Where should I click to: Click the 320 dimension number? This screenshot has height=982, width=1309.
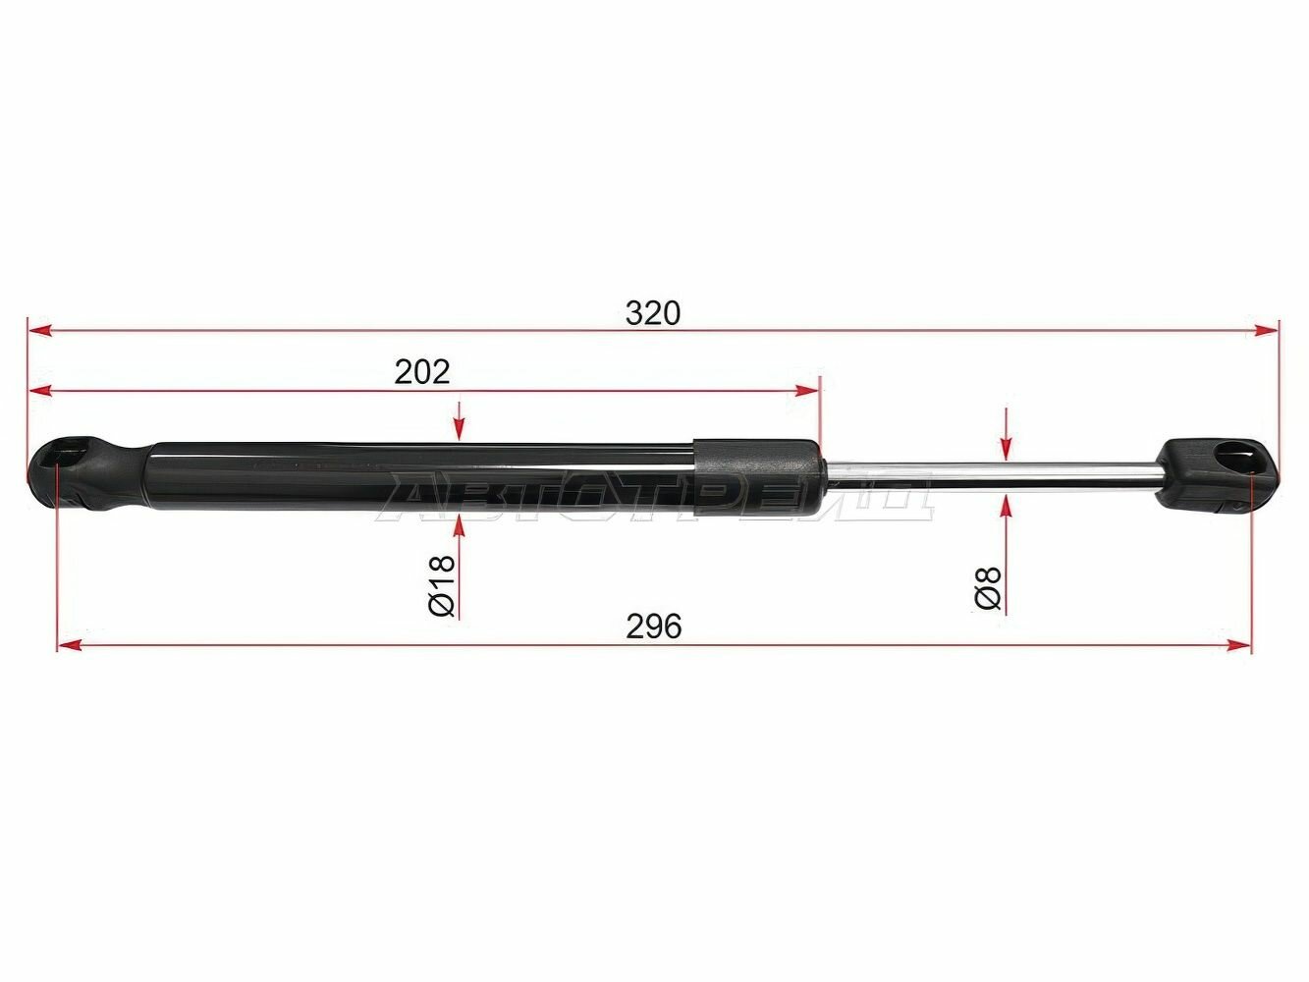[652, 313]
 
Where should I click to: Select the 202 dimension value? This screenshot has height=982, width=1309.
[421, 372]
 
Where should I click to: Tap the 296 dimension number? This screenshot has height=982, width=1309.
[653, 627]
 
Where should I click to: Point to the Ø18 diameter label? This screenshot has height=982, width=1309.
[442, 585]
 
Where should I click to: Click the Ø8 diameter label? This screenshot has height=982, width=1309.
[988, 588]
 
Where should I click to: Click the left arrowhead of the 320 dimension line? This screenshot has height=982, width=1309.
[39, 331]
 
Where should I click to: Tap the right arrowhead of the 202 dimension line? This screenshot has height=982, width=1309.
[808, 391]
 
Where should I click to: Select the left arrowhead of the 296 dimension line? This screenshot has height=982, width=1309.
[69, 645]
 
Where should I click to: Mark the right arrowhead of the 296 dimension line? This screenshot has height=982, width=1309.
[1238, 645]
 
